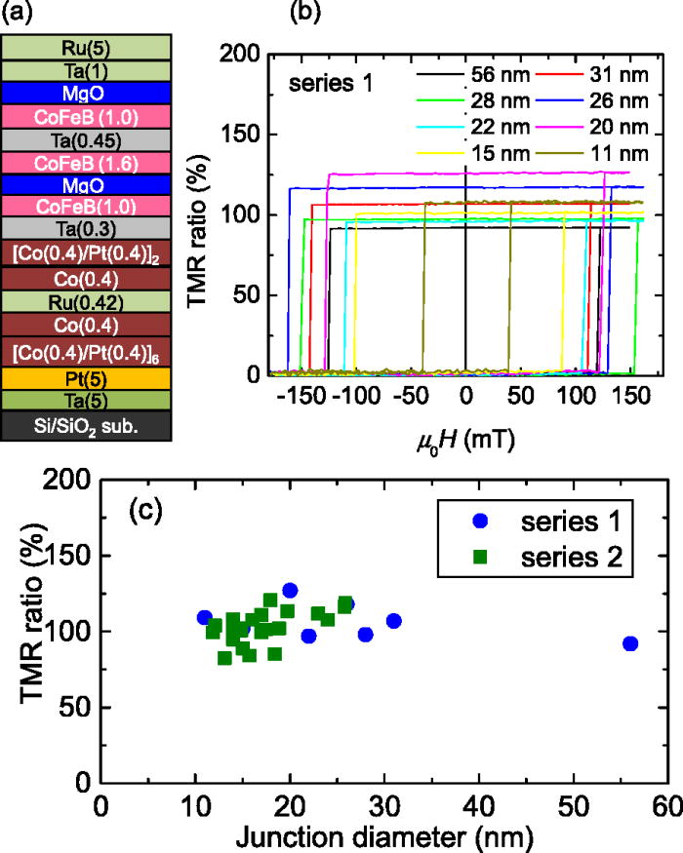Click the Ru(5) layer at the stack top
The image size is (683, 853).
click(88, 47)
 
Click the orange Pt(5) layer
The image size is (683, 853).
click(88, 376)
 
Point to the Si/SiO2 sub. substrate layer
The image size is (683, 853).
click(88, 422)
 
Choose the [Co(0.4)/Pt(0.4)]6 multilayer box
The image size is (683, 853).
click(88, 350)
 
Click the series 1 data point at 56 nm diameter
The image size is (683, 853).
click(630, 643)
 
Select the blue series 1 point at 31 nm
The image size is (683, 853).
click(394, 621)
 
